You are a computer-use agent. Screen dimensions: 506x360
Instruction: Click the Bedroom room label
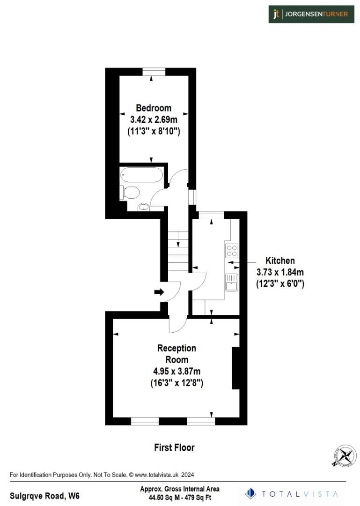[154, 108]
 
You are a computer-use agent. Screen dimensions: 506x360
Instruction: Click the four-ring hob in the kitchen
[231, 250]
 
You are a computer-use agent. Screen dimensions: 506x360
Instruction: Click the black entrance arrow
[159, 292]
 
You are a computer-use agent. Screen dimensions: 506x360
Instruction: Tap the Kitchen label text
[280, 260]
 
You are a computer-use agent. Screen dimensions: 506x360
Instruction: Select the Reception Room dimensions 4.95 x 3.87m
[176, 372]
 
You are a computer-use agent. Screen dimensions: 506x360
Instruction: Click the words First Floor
[174, 447]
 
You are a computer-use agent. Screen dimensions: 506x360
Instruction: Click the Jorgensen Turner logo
[311, 14]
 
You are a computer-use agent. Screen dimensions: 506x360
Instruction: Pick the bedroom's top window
[154, 71]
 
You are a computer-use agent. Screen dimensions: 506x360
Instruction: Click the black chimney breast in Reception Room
[236, 368]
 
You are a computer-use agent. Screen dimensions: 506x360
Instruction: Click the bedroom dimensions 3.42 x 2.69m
[154, 119]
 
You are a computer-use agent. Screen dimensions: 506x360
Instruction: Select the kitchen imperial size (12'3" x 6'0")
[280, 283]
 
